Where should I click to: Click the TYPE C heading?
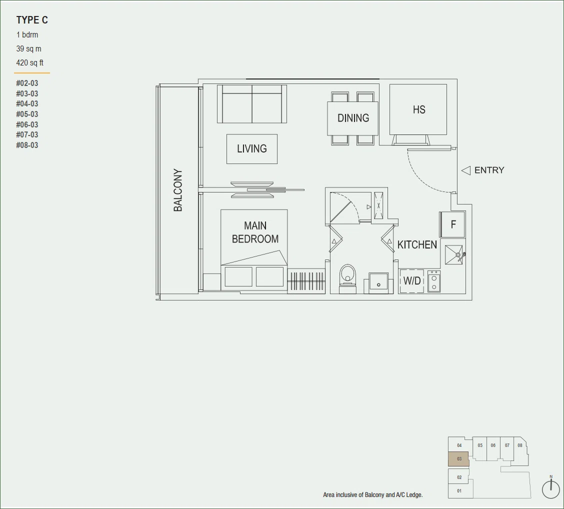(32, 20)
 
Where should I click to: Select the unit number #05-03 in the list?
(27, 114)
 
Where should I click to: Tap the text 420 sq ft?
(30, 62)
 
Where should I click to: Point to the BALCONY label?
(177, 190)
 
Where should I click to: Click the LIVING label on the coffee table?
(252, 148)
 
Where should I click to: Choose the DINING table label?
(353, 118)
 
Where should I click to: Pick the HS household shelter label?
(419, 109)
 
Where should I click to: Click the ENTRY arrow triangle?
(466, 170)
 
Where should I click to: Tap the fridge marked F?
(452, 224)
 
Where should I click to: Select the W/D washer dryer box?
(412, 280)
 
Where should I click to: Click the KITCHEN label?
(417, 244)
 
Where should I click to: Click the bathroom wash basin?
(378, 282)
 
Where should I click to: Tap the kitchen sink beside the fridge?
(454, 254)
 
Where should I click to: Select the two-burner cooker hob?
(434, 281)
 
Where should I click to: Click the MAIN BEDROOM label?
(255, 232)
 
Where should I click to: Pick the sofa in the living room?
(252, 104)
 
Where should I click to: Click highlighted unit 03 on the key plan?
(458, 459)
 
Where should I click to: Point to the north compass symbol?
(550, 487)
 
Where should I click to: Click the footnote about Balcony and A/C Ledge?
(372, 495)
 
